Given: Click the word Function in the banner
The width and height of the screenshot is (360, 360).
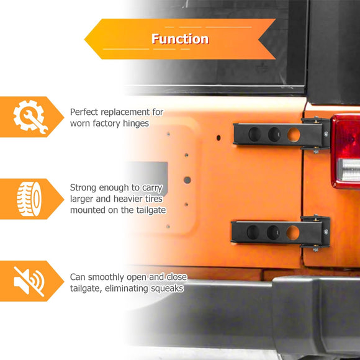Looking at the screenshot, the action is point(180,39).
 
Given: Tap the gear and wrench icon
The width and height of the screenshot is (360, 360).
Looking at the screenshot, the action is point(30,117).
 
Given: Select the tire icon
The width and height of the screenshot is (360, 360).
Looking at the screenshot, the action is point(29,199).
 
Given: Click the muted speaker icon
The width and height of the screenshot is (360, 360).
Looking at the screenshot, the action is point(29,281).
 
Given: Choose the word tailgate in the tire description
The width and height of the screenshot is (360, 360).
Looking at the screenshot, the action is point(151,210).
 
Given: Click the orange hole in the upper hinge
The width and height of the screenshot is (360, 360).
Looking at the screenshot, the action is point(294,135).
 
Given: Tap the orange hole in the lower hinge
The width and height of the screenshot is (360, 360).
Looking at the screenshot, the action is point(293,233).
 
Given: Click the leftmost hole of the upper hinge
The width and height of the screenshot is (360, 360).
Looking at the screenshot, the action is point(255,135).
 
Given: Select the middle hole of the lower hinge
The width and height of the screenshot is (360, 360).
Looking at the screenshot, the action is point(273,232).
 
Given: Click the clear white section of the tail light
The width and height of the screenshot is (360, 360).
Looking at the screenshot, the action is point(349,170).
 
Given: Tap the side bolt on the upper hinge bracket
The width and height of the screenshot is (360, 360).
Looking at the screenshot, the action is point(326,134).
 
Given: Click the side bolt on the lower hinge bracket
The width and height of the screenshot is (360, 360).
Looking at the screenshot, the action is point(326,232).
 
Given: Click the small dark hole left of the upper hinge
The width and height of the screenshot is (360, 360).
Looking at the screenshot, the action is point(218,138).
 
